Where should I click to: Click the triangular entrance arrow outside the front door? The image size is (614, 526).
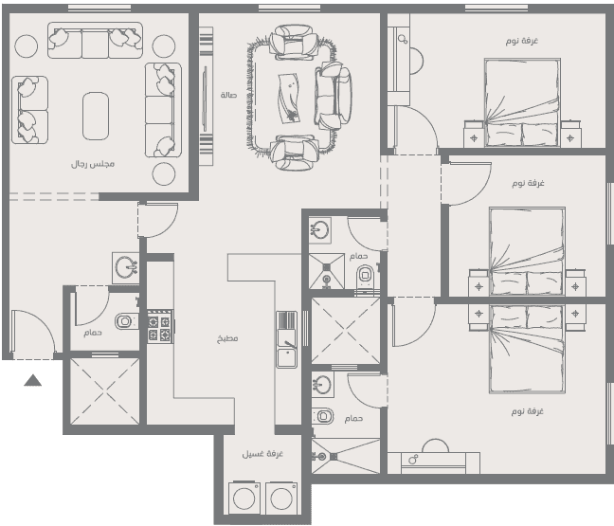pyautogui.click(x=32, y=380)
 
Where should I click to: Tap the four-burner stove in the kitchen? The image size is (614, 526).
pyautogui.click(x=160, y=327)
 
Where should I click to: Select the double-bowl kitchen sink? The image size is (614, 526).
pyautogui.click(x=287, y=339)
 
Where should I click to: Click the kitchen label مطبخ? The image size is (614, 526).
pyautogui.click(x=227, y=338)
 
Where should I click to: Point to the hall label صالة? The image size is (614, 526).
pyautogui.click(x=228, y=95)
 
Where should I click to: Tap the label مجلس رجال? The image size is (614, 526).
pyautogui.click(x=93, y=164)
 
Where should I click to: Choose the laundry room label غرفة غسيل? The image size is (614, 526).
pyautogui.click(x=262, y=454)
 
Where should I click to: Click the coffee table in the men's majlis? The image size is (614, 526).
pyautogui.click(x=96, y=116)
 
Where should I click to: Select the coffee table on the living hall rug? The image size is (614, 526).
pyautogui.click(x=290, y=99)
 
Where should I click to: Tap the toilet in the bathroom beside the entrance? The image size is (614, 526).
pyautogui.click(x=126, y=321)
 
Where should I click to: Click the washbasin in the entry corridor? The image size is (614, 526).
pyautogui.click(x=126, y=267)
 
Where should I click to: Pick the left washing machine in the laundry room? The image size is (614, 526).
pyautogui.click(x=244, y=498)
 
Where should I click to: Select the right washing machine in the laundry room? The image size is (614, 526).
pyautogui.click(x=281, y=498)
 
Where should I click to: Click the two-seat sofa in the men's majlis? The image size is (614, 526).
pyautogui.click(x=29, y=110)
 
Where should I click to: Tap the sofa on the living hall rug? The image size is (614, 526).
pyautogui.click(x=334, y=96)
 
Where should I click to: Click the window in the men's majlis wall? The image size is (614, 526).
pyautogui.click(x=99, y=8)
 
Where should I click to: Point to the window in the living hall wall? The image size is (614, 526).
pyautogui.click(x=289, y=8)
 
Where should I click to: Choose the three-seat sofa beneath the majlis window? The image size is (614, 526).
pyautogui.click(x=95, y=41)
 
